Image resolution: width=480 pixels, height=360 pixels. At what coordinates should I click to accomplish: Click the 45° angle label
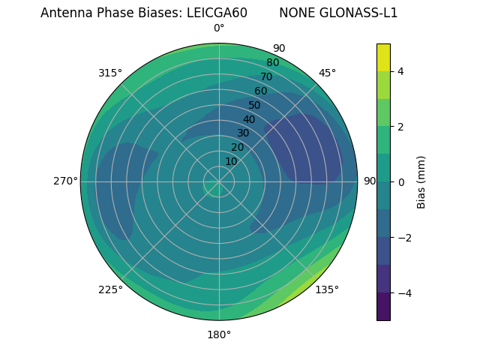coord(327,73)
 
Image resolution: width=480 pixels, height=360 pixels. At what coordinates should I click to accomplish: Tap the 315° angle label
coord(110,73)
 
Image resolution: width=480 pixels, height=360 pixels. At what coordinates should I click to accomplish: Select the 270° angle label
coord(66,181)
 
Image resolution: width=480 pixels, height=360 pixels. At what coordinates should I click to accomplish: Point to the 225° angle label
coord(110,289)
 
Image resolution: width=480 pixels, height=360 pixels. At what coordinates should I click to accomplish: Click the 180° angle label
coord(219,334)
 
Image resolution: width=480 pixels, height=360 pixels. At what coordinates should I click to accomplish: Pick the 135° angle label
coord(327,289)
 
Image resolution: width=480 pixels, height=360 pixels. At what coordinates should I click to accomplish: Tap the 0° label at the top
coord(219,28)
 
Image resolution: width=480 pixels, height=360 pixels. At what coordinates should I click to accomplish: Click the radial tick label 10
coord(231,161)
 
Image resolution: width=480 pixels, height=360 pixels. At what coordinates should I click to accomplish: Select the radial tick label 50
coord(254,106)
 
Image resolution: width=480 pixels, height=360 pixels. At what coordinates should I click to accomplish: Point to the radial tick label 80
coord(272,63)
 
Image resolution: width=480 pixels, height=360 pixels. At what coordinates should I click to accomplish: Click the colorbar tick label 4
coord(401,71)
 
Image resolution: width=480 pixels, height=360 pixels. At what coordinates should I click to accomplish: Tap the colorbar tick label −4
coord(403,293)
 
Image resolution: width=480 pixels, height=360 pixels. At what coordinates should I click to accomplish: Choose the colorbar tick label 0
coord(401,182)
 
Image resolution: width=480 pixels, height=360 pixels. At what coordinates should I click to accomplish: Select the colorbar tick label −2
coord(403,238)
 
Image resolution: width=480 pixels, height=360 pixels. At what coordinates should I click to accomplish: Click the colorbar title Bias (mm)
coord(421,182)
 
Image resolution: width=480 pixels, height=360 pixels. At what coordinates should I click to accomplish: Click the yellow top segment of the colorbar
coord(383,58)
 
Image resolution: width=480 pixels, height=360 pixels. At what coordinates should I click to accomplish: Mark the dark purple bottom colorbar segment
coord(383,307)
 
